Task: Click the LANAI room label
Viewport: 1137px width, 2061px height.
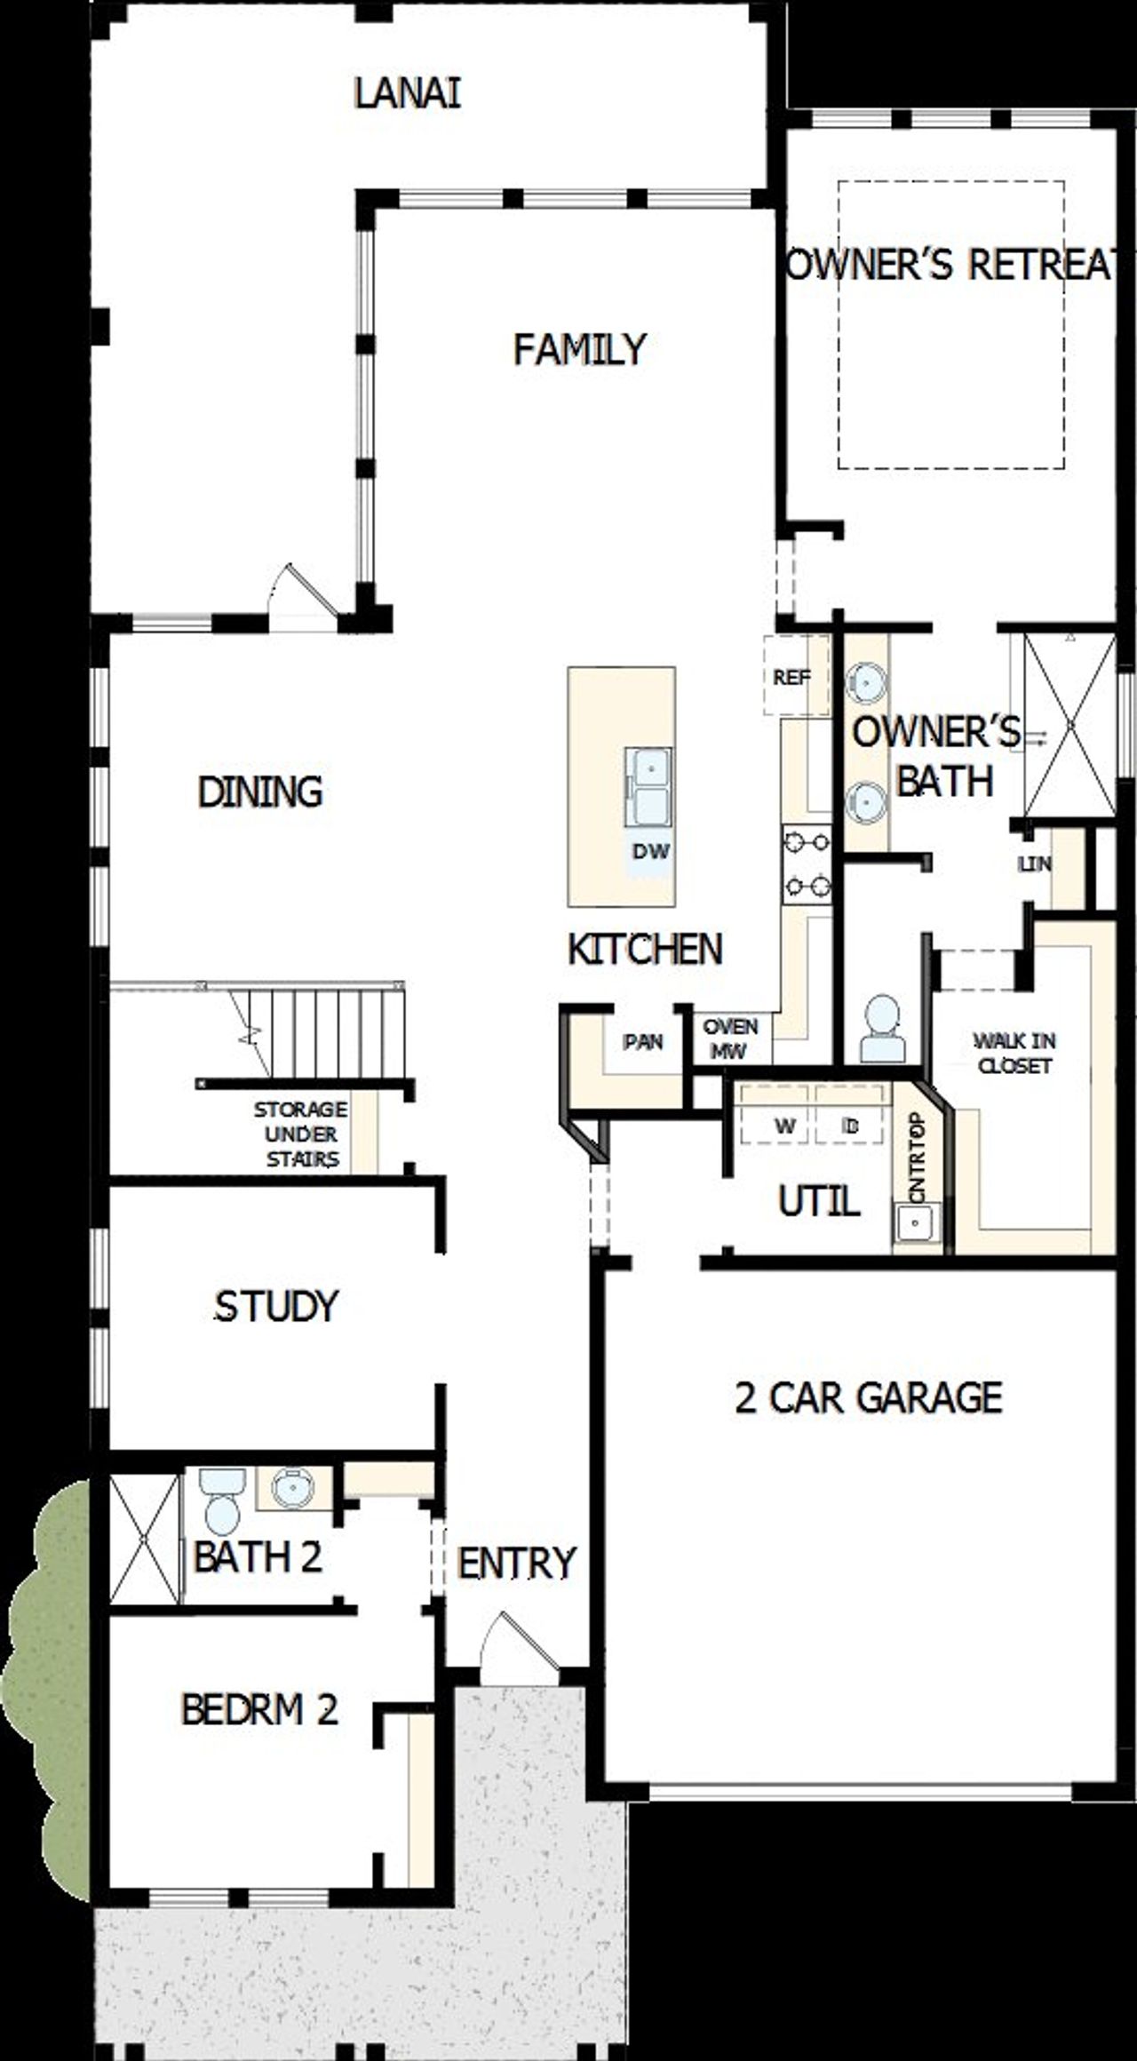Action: tap(408, 93)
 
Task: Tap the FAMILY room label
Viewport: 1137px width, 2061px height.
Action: tap(579, 349)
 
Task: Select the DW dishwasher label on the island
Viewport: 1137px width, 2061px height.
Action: tap(650, 851)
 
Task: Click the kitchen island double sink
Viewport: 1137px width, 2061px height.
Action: tap(648, 786)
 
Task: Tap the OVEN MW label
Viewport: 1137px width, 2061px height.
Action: tap(730, 1038)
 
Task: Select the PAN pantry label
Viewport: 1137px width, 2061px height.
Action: tap(642, 1041)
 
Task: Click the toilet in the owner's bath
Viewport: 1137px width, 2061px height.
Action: tap(882, 1029)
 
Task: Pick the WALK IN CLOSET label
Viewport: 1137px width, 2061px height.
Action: tap(1014, 1053)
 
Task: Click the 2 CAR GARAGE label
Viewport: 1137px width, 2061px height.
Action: tap(868, 1397)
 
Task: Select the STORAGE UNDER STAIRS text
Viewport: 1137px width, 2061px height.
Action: tap(300, 1134)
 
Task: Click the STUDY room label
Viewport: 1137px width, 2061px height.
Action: tap(276, 1306)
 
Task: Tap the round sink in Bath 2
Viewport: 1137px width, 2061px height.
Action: tap(293, 1487)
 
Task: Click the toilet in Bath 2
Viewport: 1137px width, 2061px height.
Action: tap(220, 1501)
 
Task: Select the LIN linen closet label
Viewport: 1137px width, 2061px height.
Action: tap(1035, 863)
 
